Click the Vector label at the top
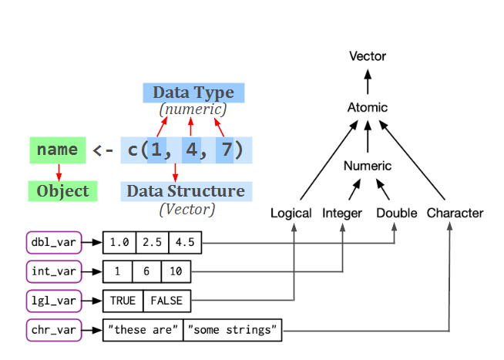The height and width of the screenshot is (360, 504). point(368,56)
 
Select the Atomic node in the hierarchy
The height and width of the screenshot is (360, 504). point(368,107)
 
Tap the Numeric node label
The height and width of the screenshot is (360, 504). point(368,166)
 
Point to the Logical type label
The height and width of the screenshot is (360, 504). point(291,213)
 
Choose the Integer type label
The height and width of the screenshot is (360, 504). point(342,213)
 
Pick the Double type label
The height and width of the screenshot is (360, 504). point(397,213)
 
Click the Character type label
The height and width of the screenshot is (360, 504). point(455,213)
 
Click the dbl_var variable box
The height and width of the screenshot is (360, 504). point(52,243)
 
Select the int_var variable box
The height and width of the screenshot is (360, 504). point(52,271)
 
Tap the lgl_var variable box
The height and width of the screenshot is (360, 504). point(52,301)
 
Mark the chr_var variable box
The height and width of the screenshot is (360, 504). point(52,331)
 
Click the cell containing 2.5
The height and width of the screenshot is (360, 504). point(153,243)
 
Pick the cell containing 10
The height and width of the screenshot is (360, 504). point(176,272)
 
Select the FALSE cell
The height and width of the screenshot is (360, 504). point(166,301)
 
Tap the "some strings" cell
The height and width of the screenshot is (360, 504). point(234,331)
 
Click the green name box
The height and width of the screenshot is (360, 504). point(57,150)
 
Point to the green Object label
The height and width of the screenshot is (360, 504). point(62,191)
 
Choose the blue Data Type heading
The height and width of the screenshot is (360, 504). point(193,93)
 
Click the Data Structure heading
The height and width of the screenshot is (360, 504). point(186,191)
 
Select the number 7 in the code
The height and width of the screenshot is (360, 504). point(225,150)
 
